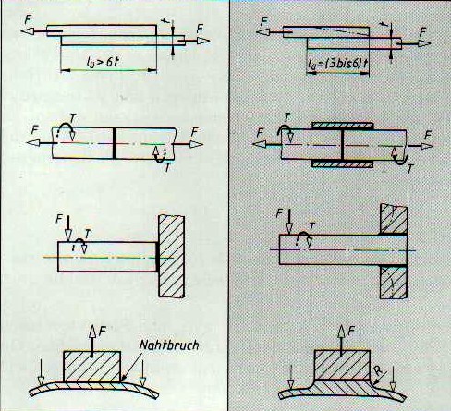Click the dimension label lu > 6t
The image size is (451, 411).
(x=103, y=63)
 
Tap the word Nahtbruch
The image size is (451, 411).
(x=169, y=345)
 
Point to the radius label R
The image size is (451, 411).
(x=379, y=370)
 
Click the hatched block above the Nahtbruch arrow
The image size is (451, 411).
(x=91, y=367)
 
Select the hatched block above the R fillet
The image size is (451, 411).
(x=342, y=365)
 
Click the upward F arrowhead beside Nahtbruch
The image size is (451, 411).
(x=92, y=332)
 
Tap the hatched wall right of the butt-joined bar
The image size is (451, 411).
(x=172, y=256)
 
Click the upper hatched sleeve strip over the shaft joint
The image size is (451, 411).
(x=343, y=126)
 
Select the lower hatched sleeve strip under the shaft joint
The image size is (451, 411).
(x=343, y=163)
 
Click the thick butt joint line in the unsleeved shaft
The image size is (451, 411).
(x=114, y=143)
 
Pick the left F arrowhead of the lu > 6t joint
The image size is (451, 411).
(x=28, y=31)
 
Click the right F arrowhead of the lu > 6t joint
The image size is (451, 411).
(x=203, y=41)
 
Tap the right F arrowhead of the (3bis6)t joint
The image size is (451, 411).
(x=424, y=43)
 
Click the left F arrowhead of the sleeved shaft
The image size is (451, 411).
(x=259, y=144)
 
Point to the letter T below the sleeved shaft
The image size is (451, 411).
(x=409, y=169)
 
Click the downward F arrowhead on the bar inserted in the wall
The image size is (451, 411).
(x=289, y=228)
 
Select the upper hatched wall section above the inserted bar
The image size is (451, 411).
(x=394, y=219)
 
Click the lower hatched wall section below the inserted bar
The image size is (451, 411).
(x=394, y=282)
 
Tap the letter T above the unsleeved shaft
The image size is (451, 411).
(x=73, y=118)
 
